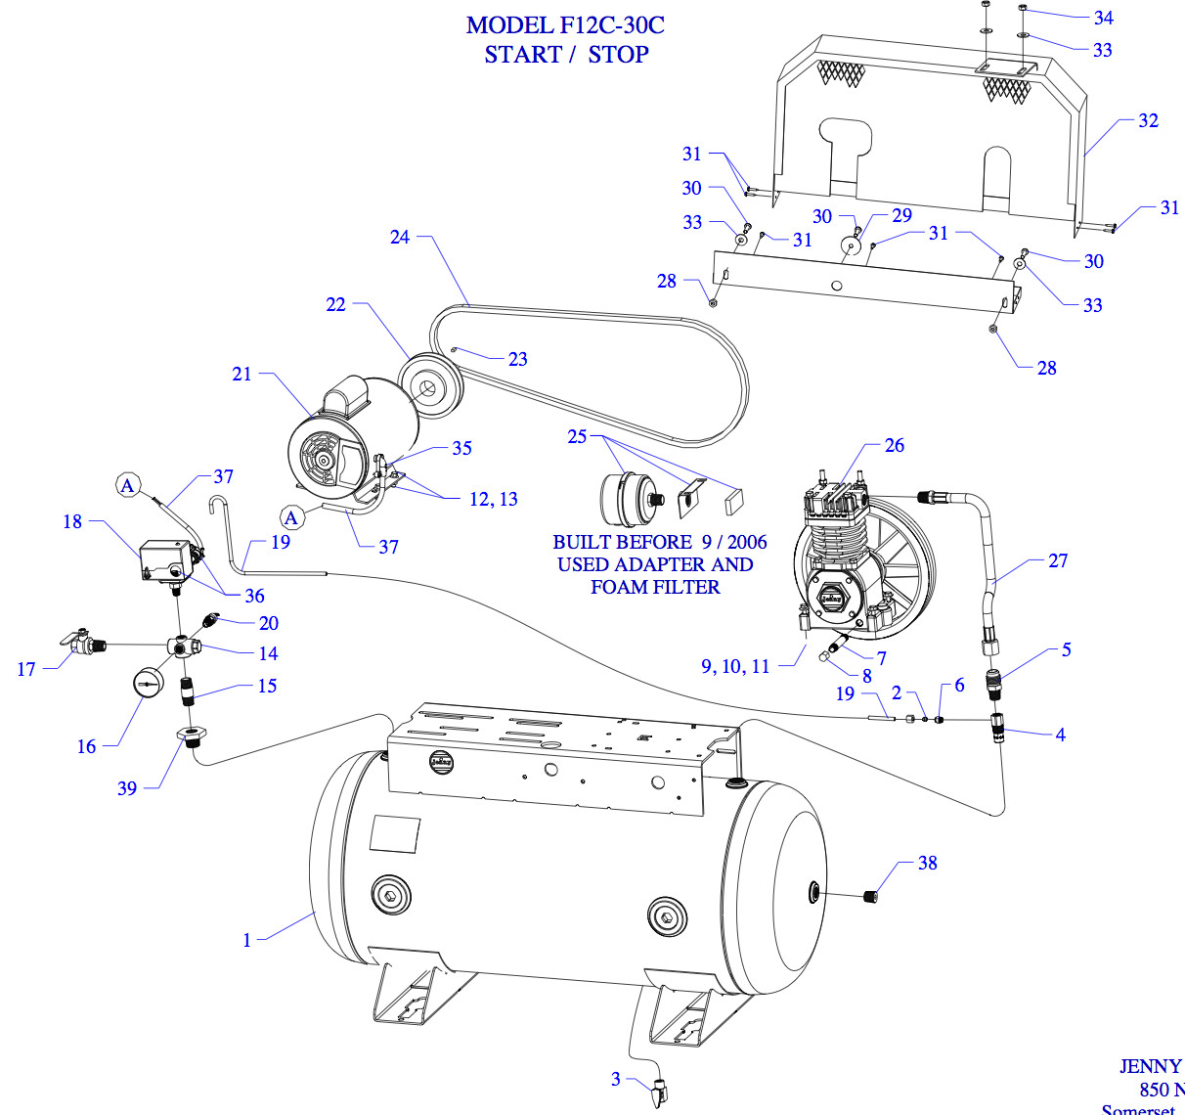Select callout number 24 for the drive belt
click(x=400, y=237)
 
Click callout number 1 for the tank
click(x=247, y=940)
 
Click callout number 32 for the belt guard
click(x=1148, y=121)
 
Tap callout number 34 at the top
click(x=1103, y=18)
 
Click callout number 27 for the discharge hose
click(x=1058, y=560)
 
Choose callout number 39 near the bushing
click(x=127, y=788)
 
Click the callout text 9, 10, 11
click(x=735, y=666)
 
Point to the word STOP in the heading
click(x=618, y=55)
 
